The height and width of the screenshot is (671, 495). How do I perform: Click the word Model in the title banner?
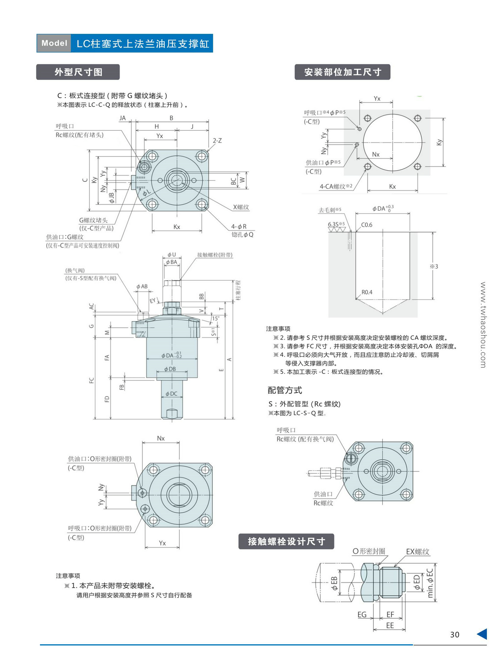coord(54,43)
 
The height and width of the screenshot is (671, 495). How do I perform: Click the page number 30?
coord(455,635)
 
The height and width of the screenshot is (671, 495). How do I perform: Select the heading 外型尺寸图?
coord(78,72)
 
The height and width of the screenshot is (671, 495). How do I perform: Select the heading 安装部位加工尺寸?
coord(342,72)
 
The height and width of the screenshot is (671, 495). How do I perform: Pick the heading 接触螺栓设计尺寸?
coord(286,542)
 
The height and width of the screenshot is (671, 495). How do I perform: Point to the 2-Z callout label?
coord(217,141)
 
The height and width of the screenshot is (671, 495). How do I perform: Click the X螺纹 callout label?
coord(241,207)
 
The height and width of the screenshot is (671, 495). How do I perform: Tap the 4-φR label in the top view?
coord(239,226)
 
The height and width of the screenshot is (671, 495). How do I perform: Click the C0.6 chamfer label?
coord(367,225)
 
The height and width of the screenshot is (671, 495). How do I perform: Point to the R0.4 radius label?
coord(367,292)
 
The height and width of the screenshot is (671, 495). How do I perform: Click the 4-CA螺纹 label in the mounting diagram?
coord(336,186)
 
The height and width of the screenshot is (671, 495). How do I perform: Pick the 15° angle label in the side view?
coord(215,318)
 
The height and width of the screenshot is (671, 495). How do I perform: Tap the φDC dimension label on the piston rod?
coord(171,394)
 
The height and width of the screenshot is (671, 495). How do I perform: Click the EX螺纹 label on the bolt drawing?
coord(417,551)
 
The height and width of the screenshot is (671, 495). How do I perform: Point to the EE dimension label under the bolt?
coord(390,625)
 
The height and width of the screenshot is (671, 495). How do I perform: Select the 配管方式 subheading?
coord(285,390)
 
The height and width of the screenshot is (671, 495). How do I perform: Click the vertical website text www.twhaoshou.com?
coord(483,325)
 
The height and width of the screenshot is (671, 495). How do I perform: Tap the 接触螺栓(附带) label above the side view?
coord(214,255)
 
